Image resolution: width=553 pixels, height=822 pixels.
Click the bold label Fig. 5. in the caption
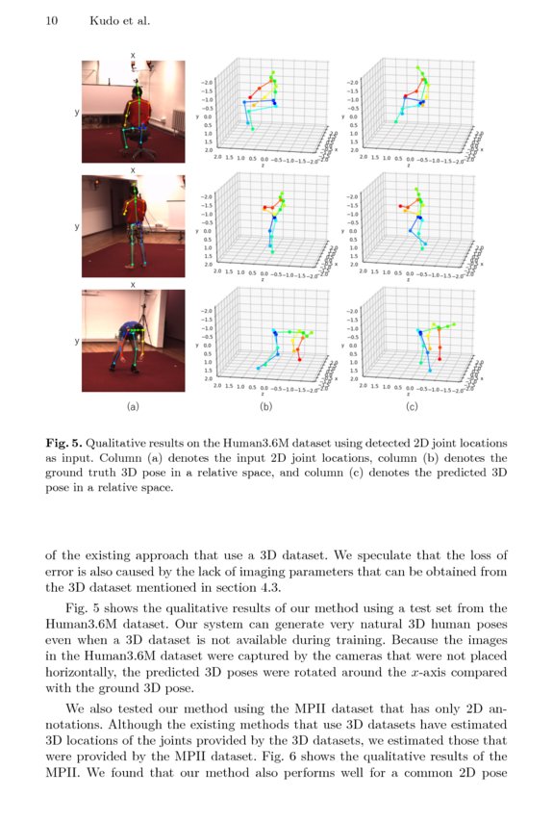[65, 443]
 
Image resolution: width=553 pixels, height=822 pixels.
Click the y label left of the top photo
[76, 113]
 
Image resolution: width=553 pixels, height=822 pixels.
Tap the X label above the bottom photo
[134, 284]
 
